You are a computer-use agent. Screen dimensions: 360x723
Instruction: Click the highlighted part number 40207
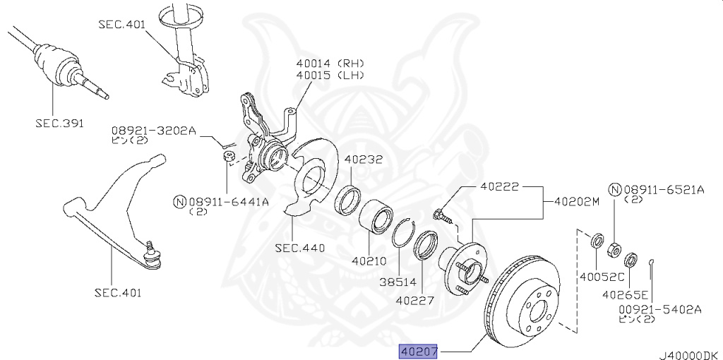coord(419,351)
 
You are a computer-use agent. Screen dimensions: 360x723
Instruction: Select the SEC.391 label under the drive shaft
coord(60,123)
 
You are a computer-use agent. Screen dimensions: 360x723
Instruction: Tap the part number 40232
coord(363,160)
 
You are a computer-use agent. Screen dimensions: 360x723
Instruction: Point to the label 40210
coord(370,260)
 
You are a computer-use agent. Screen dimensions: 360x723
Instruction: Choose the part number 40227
coord(414,300)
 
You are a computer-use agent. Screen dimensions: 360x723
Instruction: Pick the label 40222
coord(499,188)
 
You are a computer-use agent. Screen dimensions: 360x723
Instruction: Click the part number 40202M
coord(576,201)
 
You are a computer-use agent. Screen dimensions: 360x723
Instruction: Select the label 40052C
coord(599,277)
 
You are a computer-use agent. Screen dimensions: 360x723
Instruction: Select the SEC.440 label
coord(300,248)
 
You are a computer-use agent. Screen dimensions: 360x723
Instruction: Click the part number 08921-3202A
coord(152,131)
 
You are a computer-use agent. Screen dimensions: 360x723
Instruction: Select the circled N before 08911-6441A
coord(179,202)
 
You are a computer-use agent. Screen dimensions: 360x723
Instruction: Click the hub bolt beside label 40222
coord(441,214)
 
